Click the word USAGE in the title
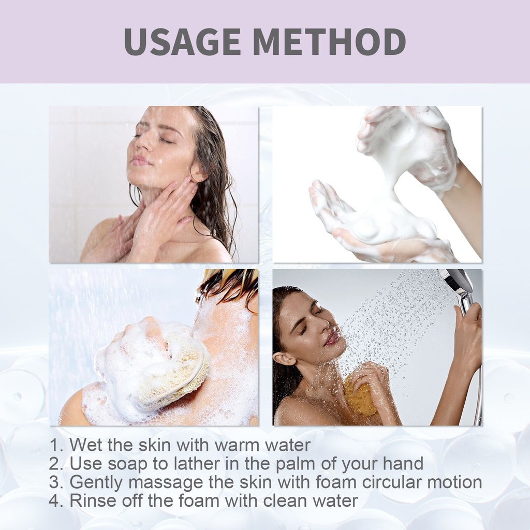[x=182, y=41]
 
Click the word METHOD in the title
[x=330, y=41]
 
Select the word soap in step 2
[x=128, y=464]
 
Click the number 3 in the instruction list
[x=54, y=482]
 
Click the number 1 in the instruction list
[x=54, y=445]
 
